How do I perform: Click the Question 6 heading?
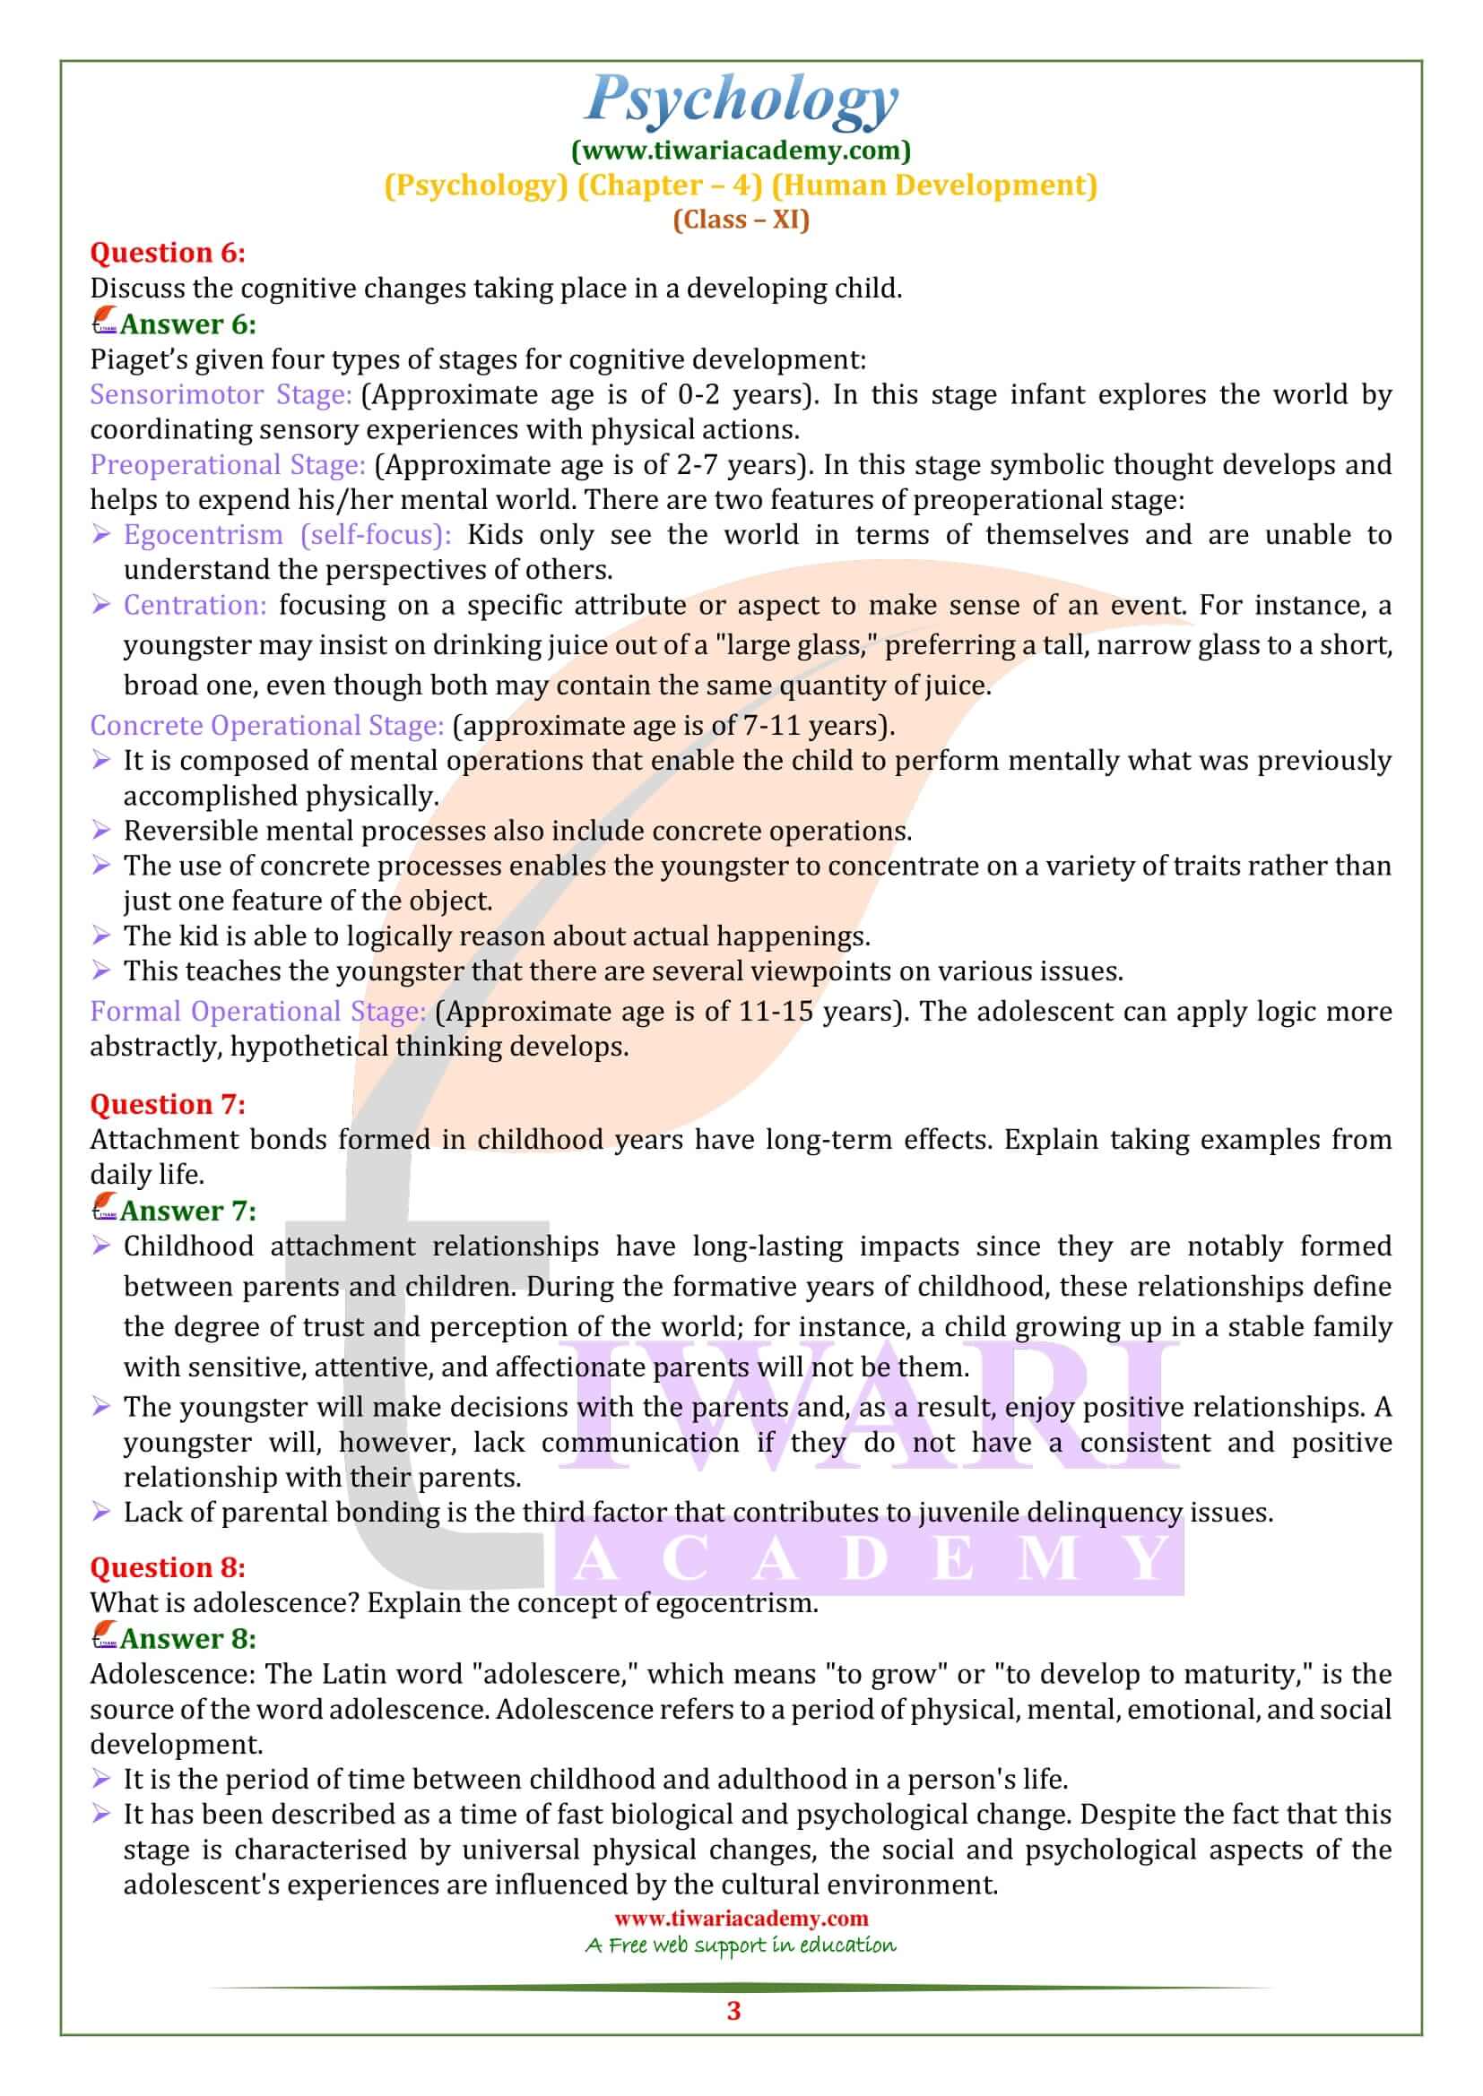[x=167, y=252]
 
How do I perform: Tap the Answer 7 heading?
[x=187, y=1211]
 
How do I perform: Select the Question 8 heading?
[x=167, y=1567]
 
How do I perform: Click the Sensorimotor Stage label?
[x=220, y=394]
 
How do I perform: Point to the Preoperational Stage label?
[x=228, y=465]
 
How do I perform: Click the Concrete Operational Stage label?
[x=266, y=725]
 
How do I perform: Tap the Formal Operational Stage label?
[x=257, y=1012]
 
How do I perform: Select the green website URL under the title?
[x=741, y=149]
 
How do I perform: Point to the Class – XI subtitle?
[x=741, y=220]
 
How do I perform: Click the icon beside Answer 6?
[x=104, y=323]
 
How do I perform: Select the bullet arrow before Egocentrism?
[x=101, y=535]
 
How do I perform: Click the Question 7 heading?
[x=167, y=1105]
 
